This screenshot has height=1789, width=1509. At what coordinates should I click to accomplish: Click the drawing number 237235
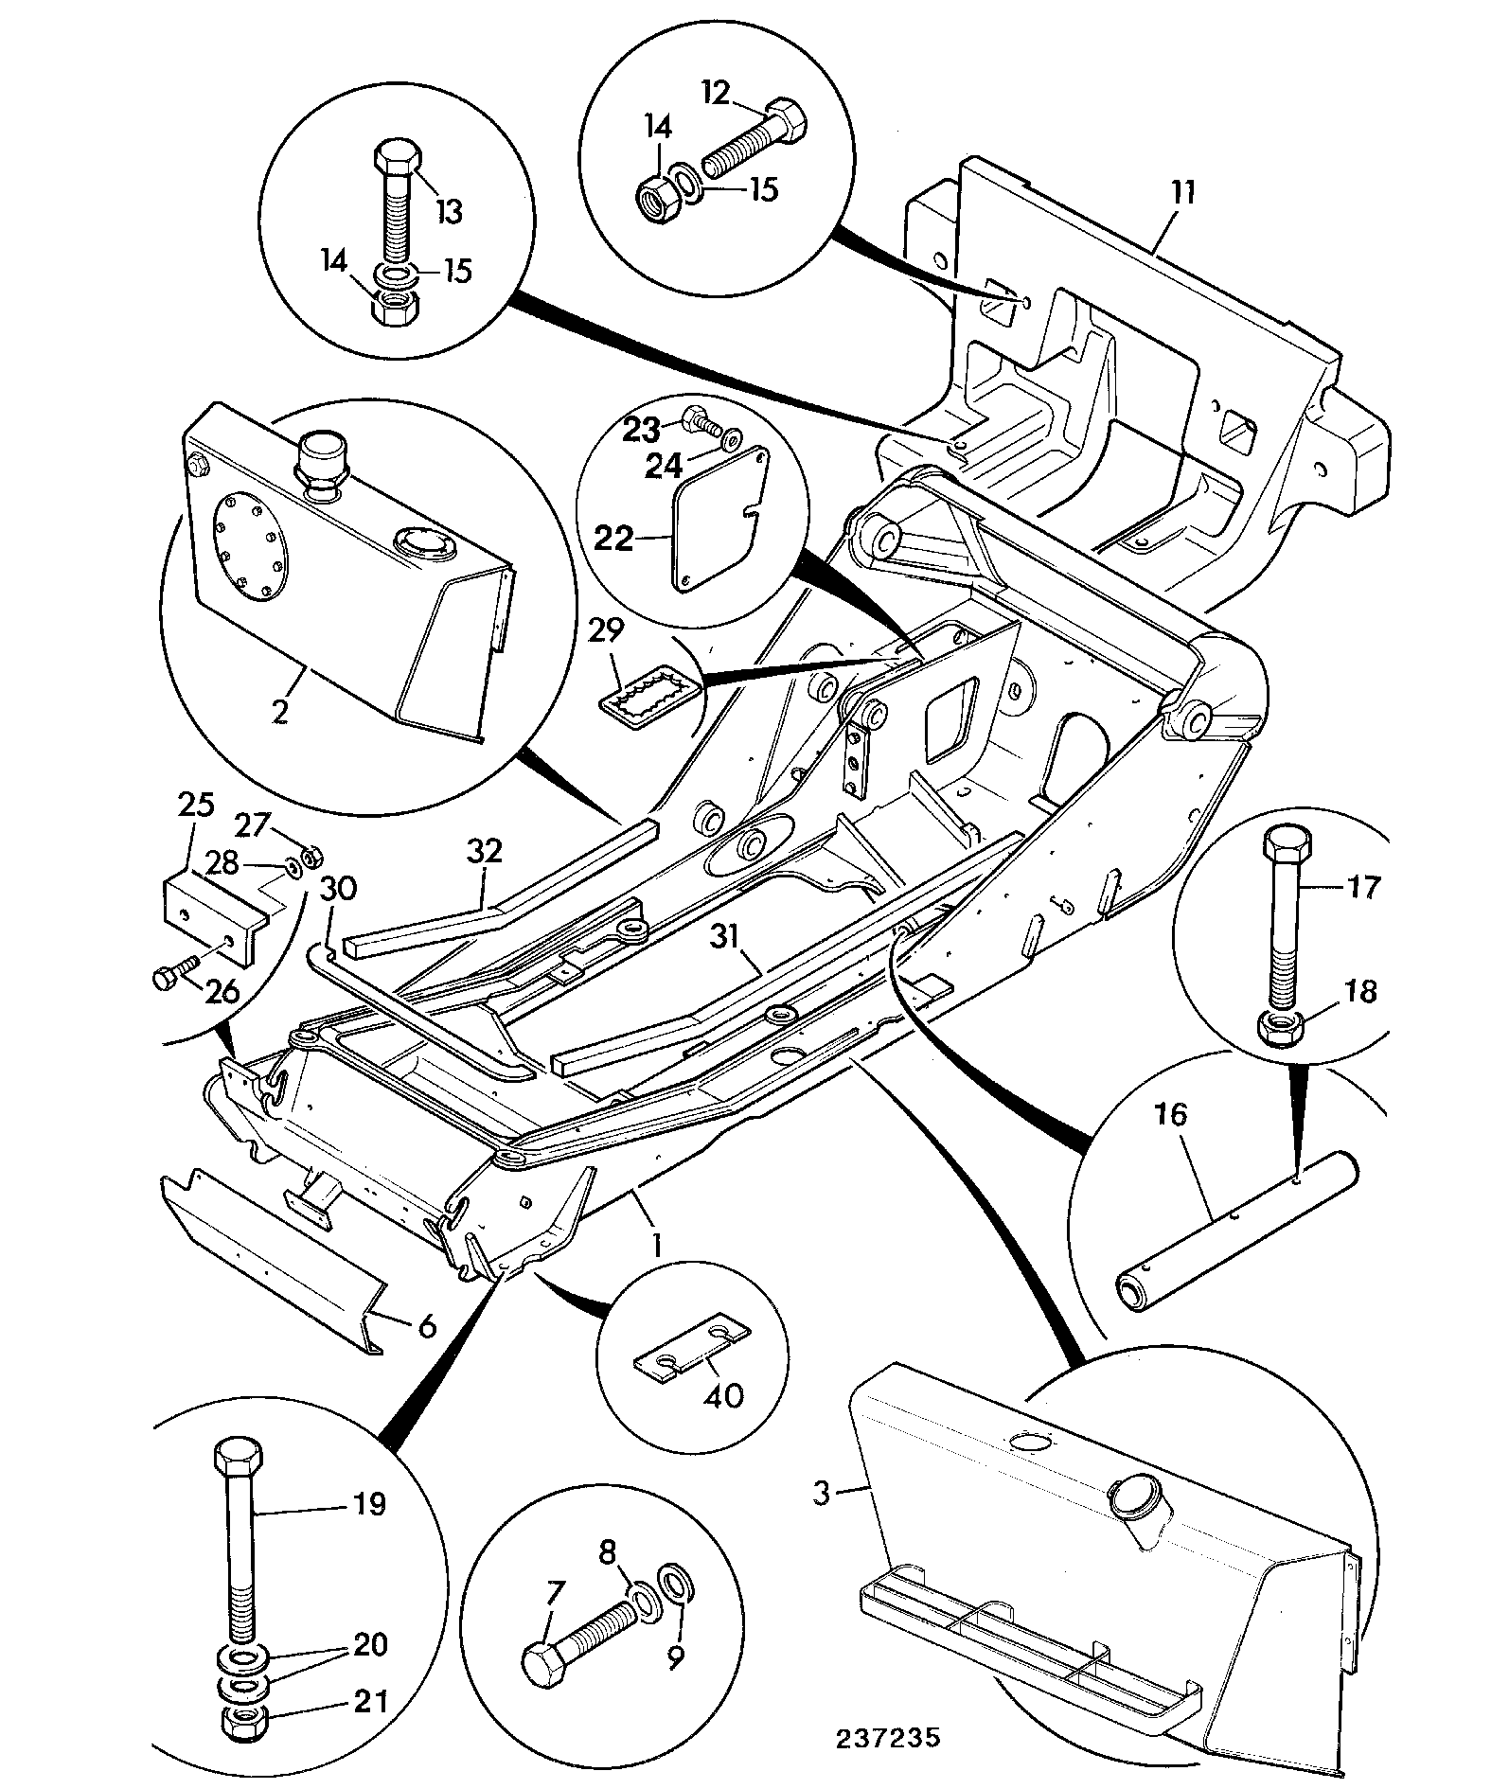[x=887, y=1738]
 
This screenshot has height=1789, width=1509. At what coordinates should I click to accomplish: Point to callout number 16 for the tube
[x=1171, y=1114]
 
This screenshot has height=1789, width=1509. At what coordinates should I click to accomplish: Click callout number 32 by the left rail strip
[x=485, y=851]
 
